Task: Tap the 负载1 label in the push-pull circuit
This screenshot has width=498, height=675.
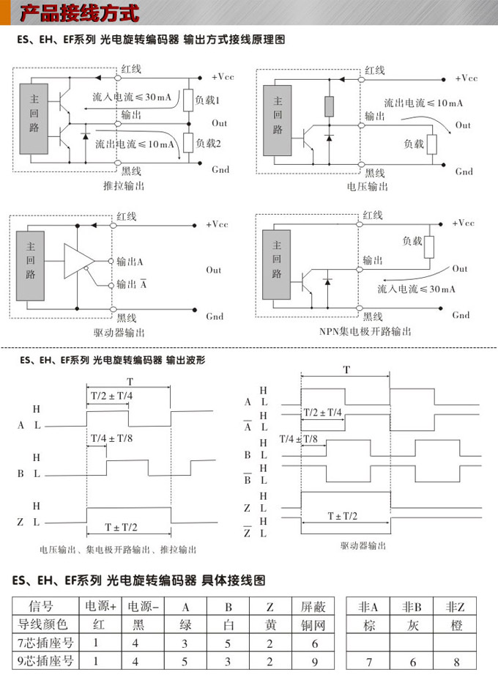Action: [208, 99]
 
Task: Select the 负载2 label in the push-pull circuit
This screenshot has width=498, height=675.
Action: [208, 142]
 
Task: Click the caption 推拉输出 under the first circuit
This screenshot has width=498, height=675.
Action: [123, 187]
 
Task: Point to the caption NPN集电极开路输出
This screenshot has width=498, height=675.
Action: [365, 331]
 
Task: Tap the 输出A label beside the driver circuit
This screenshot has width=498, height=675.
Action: [130, 262]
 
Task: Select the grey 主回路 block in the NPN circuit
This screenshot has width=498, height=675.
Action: [276, 265]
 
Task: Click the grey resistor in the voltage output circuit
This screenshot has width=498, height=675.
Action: [329, 106]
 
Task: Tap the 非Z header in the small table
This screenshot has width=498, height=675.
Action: [455, 606]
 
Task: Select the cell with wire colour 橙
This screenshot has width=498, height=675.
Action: [455, 624]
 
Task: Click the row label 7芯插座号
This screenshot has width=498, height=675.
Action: [46, 643]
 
